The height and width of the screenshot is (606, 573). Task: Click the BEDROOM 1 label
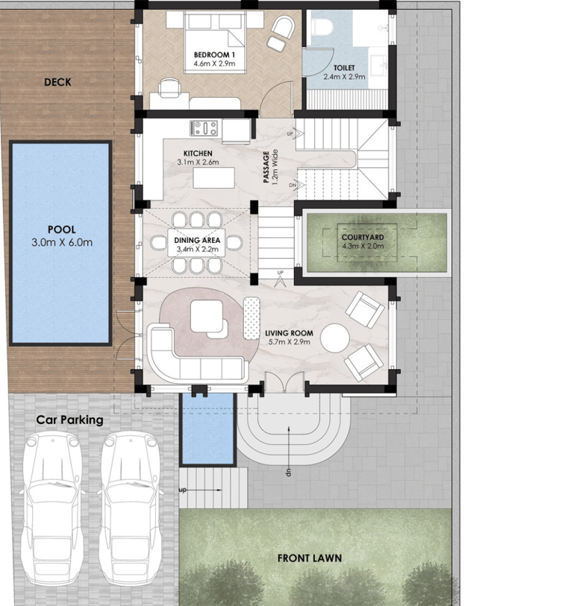pos(214,55)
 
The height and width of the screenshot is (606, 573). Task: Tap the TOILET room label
pos(344,68)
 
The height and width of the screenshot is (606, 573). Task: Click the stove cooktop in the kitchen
pos(204,128)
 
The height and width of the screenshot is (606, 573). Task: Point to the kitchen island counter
pos(213,178)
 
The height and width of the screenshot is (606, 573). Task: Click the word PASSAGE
pos(266,167)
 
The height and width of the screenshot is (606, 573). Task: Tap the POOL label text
pos(61,230)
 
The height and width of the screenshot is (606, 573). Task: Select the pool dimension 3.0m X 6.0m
pos(62,243)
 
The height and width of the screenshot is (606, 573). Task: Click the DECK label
pos(57,82)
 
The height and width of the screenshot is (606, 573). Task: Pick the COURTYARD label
pos(363,237)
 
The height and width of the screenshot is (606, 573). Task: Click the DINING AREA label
pos(197,241)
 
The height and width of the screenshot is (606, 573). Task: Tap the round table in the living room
pos(335,338)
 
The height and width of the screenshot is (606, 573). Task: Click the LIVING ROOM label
pos(289,333)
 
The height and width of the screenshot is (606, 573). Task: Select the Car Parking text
pos(69,420)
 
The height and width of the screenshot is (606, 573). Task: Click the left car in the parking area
pos(53,509)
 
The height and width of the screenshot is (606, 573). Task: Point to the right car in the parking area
pos(131,509)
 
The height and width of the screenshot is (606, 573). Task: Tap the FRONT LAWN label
pos(310,558)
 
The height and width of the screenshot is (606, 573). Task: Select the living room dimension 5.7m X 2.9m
pos(289,342)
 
